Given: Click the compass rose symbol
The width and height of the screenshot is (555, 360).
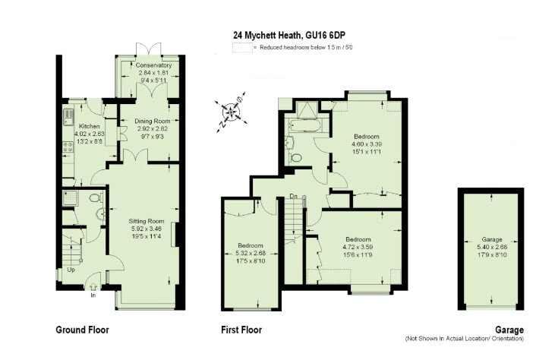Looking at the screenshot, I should pyautogui.click(x=232, y=111).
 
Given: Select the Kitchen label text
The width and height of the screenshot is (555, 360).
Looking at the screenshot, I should pyautogui.click(x=89, y=126).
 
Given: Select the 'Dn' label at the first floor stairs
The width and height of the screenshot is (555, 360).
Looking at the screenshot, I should pyautogui.click(x=293, y=197).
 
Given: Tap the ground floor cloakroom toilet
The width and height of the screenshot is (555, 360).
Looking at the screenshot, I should pyautogui.click(x=95, y=198).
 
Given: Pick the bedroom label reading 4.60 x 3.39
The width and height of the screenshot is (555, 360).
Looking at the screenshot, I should pyautogui.click(x=365, y=144).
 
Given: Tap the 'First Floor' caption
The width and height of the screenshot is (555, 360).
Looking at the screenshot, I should pyautogui.click(x=241, y=330).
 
